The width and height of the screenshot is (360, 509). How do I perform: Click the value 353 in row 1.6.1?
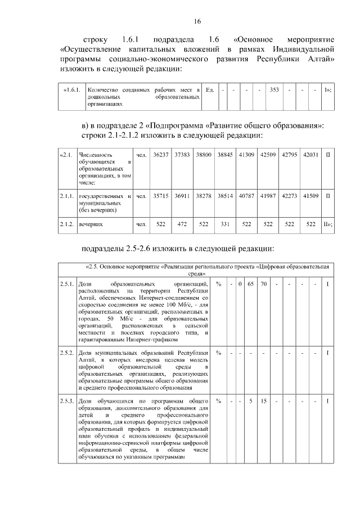(x=274, y=90)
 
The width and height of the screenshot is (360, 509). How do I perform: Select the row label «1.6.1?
(x=73, y=90)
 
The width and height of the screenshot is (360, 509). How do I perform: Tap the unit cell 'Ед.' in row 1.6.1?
(x=210, y=90)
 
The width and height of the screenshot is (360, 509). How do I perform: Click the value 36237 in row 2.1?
(x=161, y=154)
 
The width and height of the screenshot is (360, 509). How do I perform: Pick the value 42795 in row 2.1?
(x=289, y=154)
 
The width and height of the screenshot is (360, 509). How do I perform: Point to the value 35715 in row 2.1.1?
(x=161, y=196)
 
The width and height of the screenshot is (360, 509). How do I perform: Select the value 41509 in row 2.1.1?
(x=310, y=196)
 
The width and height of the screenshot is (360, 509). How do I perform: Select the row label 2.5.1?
(x=67, y=283)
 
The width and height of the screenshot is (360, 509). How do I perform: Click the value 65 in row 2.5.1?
(x=251, y=283)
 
